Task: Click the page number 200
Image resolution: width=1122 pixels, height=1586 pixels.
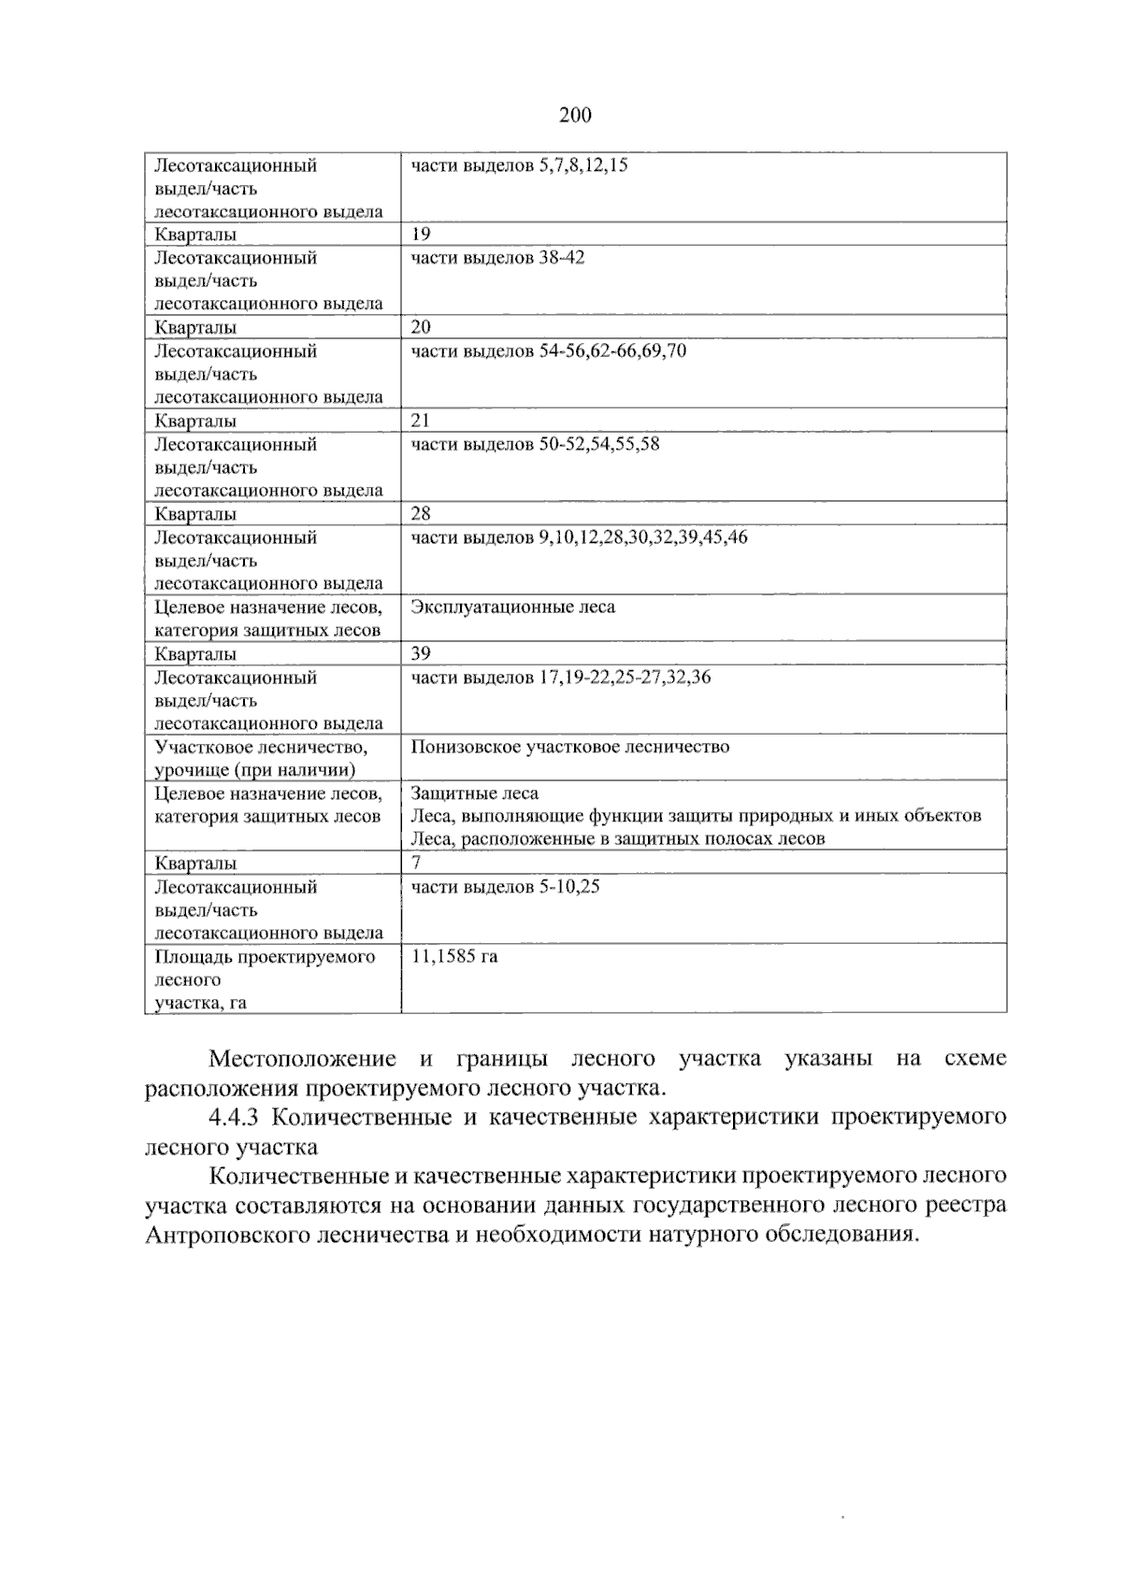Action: click(x=575, y=116)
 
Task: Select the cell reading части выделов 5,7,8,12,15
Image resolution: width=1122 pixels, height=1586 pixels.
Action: click(x=519, y=165)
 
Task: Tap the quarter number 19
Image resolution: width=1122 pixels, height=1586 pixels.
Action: click(x=421, y=234)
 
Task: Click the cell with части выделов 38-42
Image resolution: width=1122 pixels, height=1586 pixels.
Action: click(x=497, y=258)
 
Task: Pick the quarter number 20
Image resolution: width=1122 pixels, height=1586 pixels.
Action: click(x=421, y=327)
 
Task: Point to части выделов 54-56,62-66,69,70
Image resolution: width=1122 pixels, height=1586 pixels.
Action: click(x=548, y=351)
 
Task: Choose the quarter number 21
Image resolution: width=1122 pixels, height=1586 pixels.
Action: click(x=421, y=421)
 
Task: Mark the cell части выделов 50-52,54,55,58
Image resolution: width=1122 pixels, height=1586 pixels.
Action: click(x=535, y=444)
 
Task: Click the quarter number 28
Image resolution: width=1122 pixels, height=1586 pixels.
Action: click(x=421, y=513)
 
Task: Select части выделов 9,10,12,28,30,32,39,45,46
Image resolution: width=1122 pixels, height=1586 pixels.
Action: click(x=579, y=537)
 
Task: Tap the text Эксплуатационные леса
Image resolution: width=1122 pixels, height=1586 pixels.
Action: click(x=513, y=607)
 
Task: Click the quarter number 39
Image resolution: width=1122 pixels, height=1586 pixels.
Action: click(x=421, y=653)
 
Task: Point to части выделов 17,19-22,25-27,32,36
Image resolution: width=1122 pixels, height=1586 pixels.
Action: click(x=560, y=678)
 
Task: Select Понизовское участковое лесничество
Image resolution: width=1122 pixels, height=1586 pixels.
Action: click(x=569, y=747)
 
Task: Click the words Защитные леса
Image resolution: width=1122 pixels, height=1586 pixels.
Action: click(x=475, y=793)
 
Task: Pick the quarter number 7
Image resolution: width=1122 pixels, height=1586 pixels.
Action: click(x=416, y=863)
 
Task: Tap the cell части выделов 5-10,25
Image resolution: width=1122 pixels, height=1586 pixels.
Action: click(x=505, y=887)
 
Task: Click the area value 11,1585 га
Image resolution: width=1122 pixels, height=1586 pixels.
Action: click(x=454, y=957)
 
